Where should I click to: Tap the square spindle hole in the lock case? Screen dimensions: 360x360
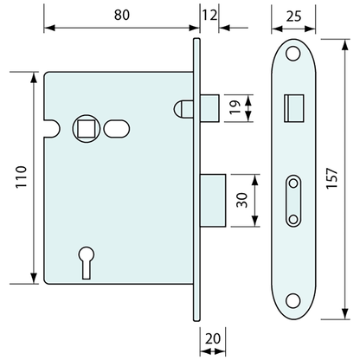[87, 128]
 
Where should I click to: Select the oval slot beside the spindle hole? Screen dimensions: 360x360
[113, 129]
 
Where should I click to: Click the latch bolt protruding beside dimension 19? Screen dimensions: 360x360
[209, 107]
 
